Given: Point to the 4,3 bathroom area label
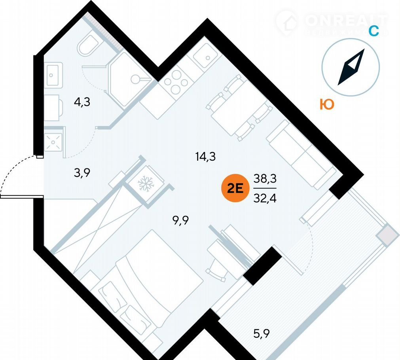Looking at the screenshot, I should (x=82, y=102).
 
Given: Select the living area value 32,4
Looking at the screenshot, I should (x=265, y=196).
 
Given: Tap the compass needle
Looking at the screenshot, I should (x=351, y=67).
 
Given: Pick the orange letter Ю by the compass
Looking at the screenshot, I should (x=327, y=104).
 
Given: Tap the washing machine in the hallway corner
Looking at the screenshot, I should (x=53, y=142).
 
